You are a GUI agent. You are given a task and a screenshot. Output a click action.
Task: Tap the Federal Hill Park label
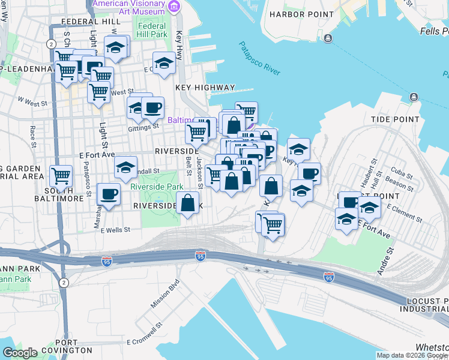(x=152, y=30)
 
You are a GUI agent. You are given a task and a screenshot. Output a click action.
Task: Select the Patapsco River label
(x=260, y=58)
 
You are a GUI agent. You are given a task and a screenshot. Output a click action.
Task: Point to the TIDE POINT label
(x=395, y=119)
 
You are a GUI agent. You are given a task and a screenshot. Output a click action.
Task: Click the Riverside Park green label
(x=157, y=187)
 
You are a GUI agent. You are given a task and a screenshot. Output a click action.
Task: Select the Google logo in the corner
(x=20, y=353)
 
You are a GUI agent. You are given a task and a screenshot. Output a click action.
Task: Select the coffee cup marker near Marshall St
(x=109, y=194)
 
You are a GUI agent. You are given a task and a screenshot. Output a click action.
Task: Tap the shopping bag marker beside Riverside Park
(x=188, y=203)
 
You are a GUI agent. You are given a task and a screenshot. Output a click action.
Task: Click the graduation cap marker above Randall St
(x=125, y=167)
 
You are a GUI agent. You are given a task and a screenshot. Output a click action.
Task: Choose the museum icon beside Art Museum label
(x=175, y=7)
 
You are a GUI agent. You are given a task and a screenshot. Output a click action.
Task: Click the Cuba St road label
(x=400, y=170)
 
